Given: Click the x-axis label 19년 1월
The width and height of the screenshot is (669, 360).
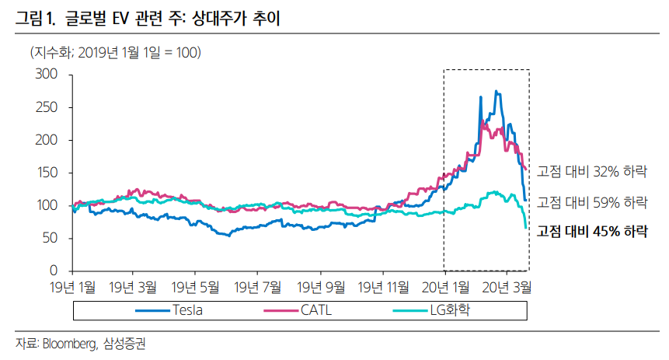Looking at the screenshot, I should point(71,287).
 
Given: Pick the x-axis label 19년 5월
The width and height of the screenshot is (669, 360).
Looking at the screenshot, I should point(196,287).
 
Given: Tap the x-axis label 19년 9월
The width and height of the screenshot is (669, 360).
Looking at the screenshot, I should point(320,287).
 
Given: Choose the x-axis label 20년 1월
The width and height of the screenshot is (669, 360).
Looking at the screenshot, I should point(444,287).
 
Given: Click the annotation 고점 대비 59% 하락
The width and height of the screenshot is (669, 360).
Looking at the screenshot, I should point(592,201).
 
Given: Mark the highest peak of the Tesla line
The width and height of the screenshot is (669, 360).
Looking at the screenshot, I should point(496,92).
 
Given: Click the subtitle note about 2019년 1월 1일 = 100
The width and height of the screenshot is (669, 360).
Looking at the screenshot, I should point(115,52).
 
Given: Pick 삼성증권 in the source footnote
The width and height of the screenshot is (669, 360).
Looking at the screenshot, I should point(124,344).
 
